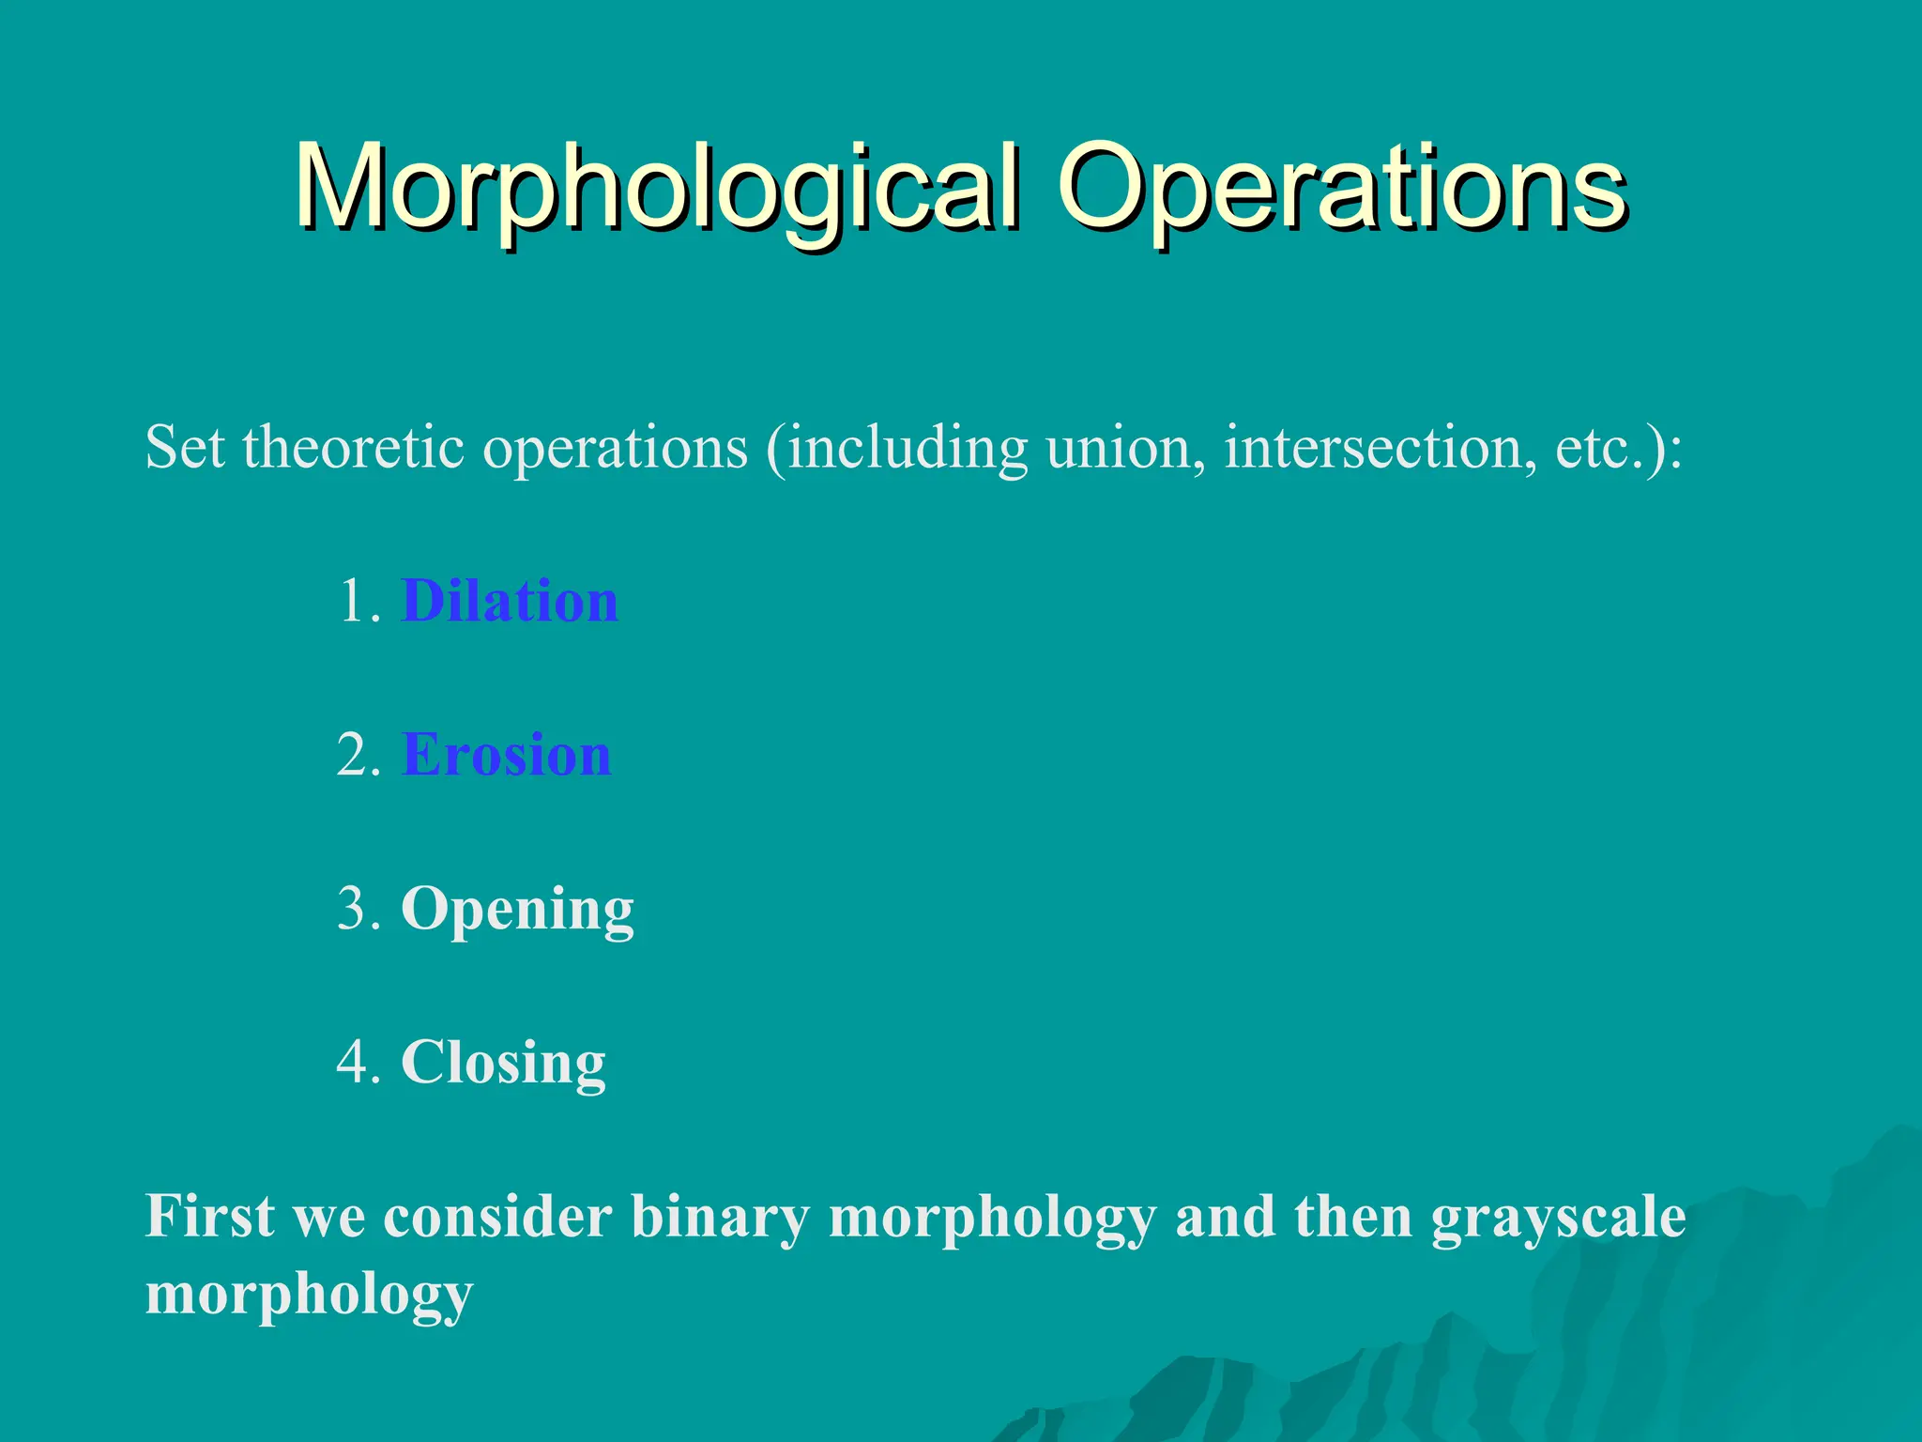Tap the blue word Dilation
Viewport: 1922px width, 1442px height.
[x=510, y=601]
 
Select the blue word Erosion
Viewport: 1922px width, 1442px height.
[x=507, y=755]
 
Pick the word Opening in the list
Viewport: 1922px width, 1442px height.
[x=517, y=909]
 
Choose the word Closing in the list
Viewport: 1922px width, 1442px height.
[x=503, y=1063]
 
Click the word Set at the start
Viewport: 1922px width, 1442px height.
[x=184, y=447]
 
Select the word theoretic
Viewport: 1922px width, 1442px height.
[x=354, y=447]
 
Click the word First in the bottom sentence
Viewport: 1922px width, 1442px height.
[x=210, y=1217]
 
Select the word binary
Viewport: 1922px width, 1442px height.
[x=720, y=1219]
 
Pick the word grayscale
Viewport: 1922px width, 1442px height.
[x=1558, y=1219]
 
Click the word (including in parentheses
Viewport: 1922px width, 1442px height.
[x=896, y=449]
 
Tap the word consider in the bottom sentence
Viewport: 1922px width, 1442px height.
[x=497, y=1217]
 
